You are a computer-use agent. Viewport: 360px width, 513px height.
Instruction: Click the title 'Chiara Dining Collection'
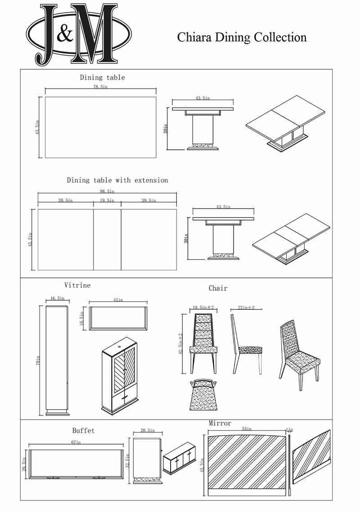(242, 37)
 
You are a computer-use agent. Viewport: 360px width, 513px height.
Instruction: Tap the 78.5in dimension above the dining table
(100, 87)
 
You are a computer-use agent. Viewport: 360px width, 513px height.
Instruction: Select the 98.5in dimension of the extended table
(107, 191)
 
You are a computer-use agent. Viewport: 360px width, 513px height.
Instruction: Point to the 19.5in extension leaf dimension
(107, 201)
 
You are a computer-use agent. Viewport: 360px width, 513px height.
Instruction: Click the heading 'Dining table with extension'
(117, 180)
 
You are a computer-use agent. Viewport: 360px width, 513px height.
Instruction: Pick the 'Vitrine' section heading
(77, 285)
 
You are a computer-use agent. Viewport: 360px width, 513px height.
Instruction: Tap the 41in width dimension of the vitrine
(118, 299)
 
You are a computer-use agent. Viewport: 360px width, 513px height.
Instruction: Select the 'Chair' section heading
(218, 288)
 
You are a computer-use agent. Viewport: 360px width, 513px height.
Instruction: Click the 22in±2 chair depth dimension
(246, 308)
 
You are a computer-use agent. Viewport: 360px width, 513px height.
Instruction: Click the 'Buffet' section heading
(84, 431)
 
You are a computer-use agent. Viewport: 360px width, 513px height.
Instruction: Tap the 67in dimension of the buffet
(76, 443)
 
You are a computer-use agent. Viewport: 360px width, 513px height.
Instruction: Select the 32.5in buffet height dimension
(128, 460)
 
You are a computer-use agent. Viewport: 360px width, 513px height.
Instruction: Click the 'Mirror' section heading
(220, 424)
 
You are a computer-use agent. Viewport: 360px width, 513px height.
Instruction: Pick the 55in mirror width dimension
(247, 429)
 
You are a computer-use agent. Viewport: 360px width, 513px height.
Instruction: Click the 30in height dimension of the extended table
(186, 240)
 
